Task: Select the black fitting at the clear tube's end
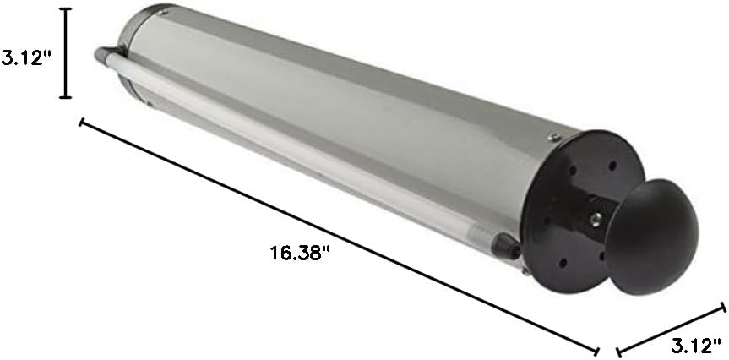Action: (x=508, y=246)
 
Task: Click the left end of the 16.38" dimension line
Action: (x=82, y=123)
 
